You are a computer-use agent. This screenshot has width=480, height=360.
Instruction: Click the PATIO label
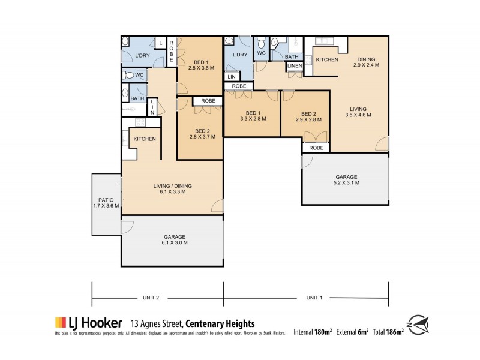point(106,200)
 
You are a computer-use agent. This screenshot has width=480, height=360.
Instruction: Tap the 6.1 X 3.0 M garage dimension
point(172,243)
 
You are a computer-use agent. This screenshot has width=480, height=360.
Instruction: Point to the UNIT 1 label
point(314,297)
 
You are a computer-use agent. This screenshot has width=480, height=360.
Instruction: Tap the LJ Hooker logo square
point(60,322)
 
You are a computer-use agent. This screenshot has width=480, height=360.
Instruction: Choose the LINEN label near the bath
point(294,65)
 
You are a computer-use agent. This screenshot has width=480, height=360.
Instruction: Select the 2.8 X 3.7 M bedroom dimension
point(200,137)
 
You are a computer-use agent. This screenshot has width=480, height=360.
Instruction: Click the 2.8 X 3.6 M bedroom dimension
point(200,68)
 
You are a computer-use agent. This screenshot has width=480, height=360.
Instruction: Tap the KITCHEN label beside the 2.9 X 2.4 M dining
point(327,59)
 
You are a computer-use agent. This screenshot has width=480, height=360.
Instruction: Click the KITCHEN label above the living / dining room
point(145,139)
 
